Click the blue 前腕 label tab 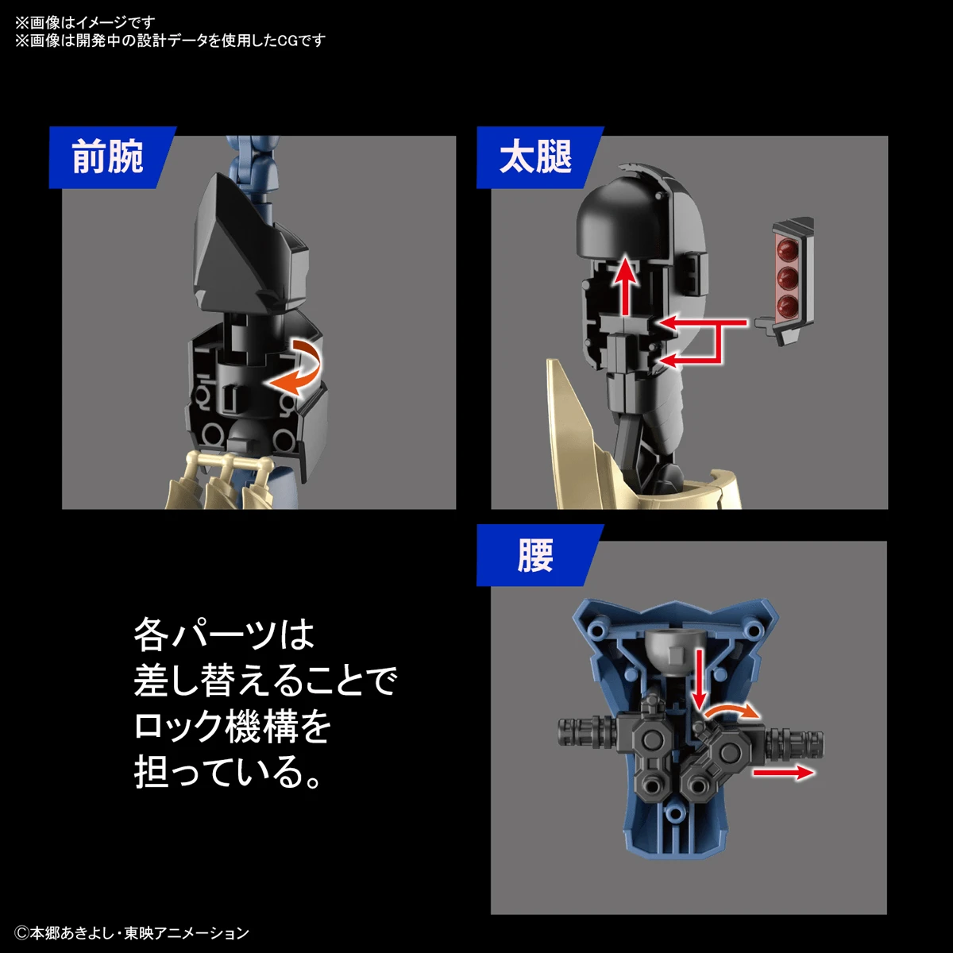click(x=109, y=157)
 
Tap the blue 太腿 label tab click(x=536, y=157)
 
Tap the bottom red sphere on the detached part click(x=786, y=305)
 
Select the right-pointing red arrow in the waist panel click(x=783, y=772)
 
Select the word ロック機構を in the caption click(x=233, y=727)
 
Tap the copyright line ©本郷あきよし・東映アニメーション click(x=132, y=933)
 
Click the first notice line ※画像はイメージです click(x=86, y=22)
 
